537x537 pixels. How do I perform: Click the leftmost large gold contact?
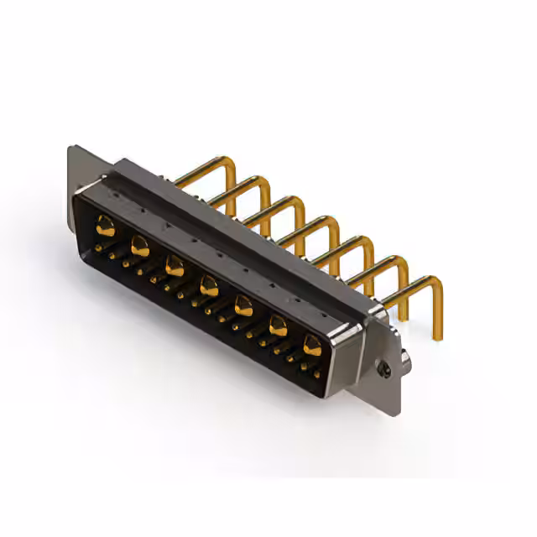pos(105,224)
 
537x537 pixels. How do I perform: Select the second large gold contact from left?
pos(140,247)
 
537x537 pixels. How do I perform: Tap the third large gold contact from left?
pos(175,267)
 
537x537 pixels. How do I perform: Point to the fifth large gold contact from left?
pos(243,305)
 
